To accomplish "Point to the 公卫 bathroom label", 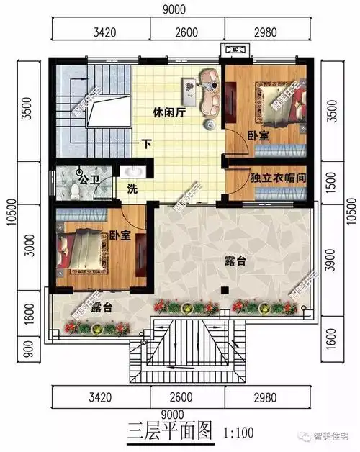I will click(x=89, y=178).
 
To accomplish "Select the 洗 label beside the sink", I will click(x=132, y=189).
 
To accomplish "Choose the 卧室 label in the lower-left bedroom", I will click(x=120, y=236).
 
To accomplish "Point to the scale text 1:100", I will click(x=240, y=434).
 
